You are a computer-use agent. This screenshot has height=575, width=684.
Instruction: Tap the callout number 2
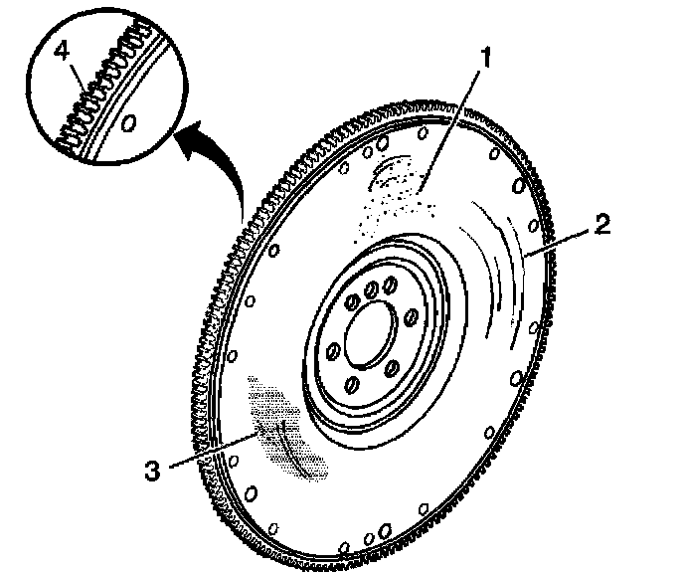[x=602, y=224]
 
